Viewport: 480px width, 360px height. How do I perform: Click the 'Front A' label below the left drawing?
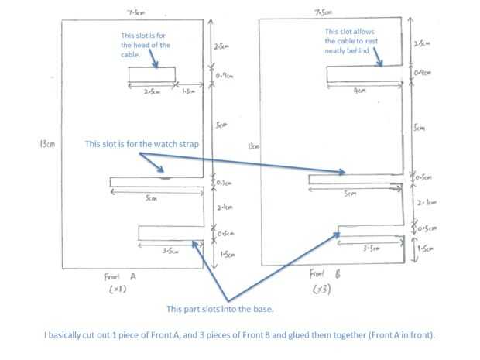click(x=118, y=276)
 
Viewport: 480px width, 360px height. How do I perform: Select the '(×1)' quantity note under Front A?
click(x=118, y=290)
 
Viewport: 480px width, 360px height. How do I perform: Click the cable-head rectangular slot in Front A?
click(x=153, y=74)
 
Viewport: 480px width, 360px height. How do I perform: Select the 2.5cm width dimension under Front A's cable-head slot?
click(x=152, y=91)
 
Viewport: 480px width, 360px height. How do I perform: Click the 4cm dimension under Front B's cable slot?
click(x=357, y=90)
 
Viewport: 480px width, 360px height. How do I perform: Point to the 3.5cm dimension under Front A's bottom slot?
click(x=170, y=250)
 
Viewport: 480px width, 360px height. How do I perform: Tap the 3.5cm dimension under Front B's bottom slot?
click(x=373, y=248)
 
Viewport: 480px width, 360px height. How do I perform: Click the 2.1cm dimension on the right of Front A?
click(x=225, y=207)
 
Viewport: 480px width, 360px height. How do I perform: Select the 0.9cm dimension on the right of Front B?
click(x=423, y=72)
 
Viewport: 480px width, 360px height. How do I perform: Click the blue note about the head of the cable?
click(x=152, y=45)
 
